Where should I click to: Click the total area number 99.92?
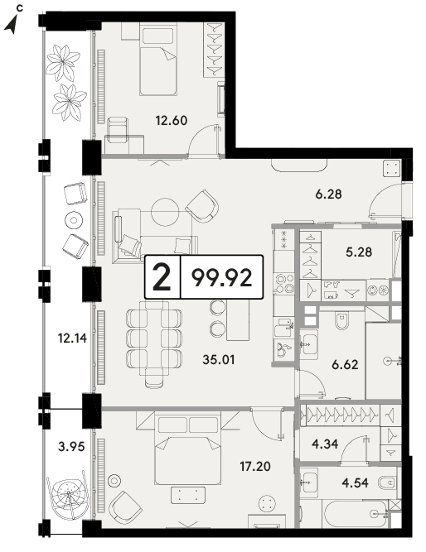click(222, 277)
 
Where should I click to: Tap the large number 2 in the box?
click(162, 277)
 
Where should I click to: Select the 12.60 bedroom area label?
click(172, 121)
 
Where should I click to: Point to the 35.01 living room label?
click(219, 360)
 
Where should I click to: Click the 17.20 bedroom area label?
click(255, 467)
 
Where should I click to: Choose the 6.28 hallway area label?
click(329, 194)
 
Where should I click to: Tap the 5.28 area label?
click(359, 252)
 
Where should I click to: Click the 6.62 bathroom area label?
click(345, 364)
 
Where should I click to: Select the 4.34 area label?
click(325, 444)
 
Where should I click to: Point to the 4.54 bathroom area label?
click(355, 482)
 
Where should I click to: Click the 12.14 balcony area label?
click(72, 338)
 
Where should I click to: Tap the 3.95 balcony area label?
click(71, 447)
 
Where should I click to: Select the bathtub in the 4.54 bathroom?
click(356, 514)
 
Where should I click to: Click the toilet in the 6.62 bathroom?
click(341, 321)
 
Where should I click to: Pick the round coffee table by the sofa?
click(165, 212)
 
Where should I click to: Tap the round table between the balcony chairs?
click(74, 220)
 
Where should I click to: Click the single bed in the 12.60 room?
click(158, 59)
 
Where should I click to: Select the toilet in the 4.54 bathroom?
click(388, 482)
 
